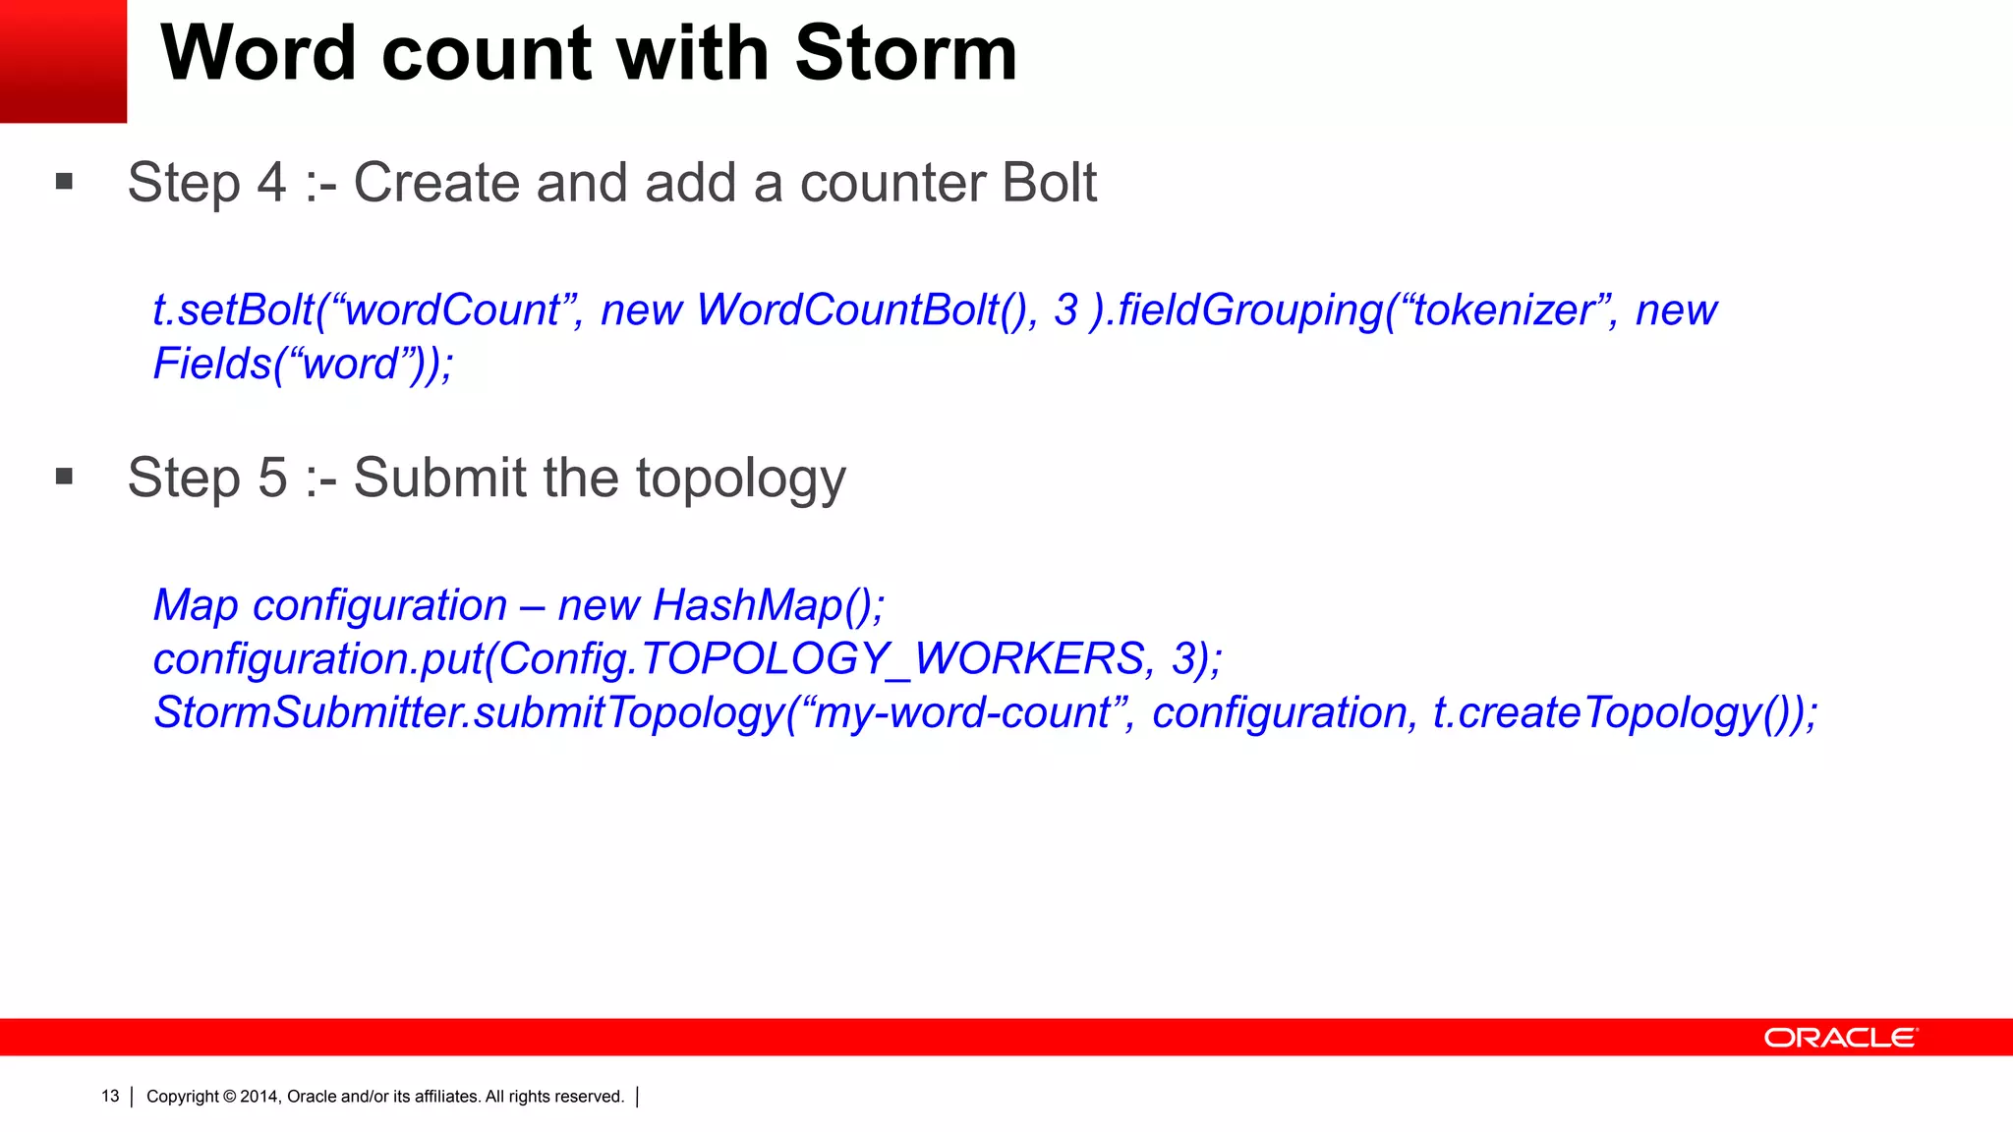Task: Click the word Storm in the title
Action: click(x=905, y=53)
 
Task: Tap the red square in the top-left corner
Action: click(x=63, y=61)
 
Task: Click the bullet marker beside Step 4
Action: click(x=65, y=181)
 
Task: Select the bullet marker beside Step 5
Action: click(x=65, y=477)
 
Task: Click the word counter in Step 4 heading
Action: click(x=879, y=184)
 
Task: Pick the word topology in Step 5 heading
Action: click(x=740, y=480)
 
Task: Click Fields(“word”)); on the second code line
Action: click(x=303, y=365)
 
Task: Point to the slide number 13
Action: click(x=110, y=1097)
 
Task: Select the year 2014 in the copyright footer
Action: click(x=260, y=1097)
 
